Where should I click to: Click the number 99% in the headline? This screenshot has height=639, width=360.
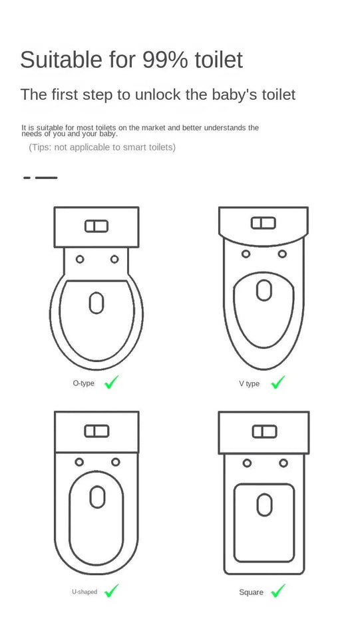coord(165,60)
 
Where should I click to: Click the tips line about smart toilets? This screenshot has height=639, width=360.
coord(102,147)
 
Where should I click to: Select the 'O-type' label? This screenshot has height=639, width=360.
coord(83,383)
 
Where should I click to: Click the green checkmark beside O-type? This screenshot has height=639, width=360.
coord(112,382)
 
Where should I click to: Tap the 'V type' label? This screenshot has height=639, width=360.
coord(250,384)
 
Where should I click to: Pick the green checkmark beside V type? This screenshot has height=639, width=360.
coord(278,382)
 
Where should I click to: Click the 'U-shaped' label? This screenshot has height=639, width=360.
coord(85,592)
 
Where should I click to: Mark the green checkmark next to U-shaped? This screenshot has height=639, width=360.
coord(112,590)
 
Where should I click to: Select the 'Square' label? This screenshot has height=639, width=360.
coord(251,592)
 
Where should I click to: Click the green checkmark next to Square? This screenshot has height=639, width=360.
coord(278,590)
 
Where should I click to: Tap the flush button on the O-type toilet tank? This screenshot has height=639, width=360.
coord(96,226)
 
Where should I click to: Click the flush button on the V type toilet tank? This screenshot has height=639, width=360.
coord(264,223)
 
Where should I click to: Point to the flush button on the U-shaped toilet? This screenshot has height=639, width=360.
coord(96,431)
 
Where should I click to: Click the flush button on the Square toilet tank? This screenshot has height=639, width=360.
coord(264,431)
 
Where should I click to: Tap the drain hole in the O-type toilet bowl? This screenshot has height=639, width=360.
coord(96,304)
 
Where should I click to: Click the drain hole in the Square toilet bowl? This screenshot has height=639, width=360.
coord(264,504)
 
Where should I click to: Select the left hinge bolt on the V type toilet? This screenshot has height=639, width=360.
coord(246,254)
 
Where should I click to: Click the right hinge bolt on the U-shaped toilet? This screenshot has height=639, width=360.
coord(115,462)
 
